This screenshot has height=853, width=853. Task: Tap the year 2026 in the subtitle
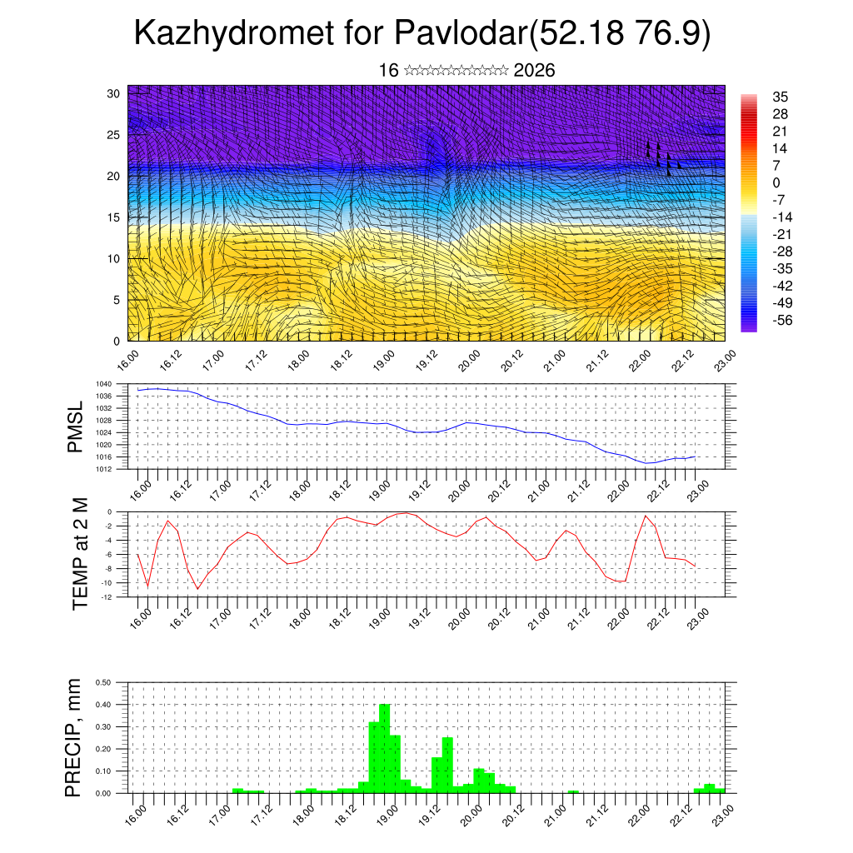[x=535, y=71]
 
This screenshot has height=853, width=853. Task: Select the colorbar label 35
[x=780, y=97]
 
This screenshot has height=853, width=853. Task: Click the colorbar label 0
[x=776, y=182]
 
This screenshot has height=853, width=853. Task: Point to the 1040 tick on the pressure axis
[x=104, y=384]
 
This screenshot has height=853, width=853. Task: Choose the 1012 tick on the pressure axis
[x=104, y=469]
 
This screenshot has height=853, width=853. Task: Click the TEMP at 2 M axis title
[x=80, y=553]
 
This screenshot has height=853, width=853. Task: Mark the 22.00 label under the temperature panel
[x=618, y=616]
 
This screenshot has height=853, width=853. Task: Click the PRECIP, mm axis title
[x=76, y=736]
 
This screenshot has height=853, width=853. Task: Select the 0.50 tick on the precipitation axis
[x=103, y=682]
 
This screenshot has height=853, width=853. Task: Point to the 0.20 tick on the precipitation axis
[x=103, y=749]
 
